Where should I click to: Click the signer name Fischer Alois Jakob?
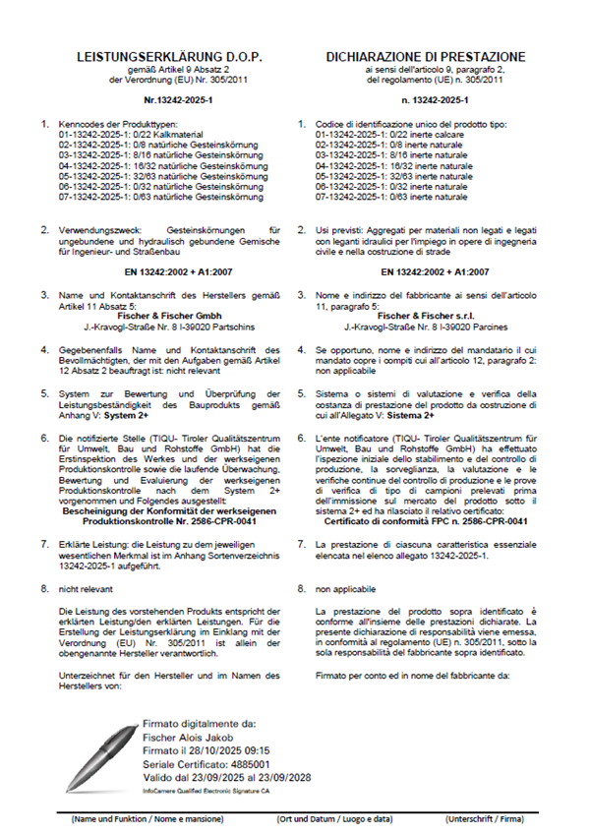coord(186,735)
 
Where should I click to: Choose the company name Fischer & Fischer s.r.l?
coord(426,315)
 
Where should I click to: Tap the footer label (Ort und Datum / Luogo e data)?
coord(335,818)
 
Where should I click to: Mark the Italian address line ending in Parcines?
coord(426,326)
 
